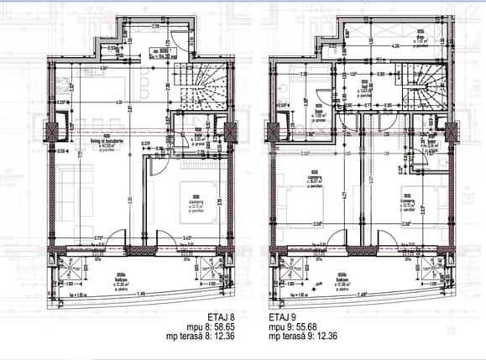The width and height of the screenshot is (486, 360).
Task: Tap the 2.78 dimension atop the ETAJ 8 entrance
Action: [x=156, y=26]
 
